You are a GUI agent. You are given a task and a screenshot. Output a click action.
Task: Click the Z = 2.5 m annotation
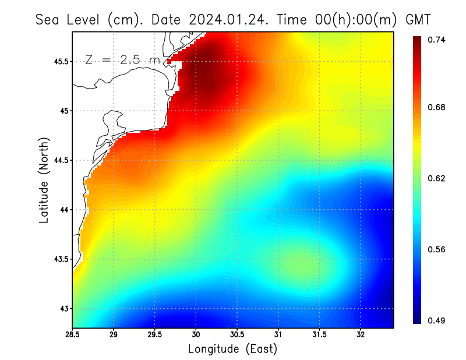coord(122,59)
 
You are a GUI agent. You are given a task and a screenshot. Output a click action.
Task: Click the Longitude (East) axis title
coord(232,349)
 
